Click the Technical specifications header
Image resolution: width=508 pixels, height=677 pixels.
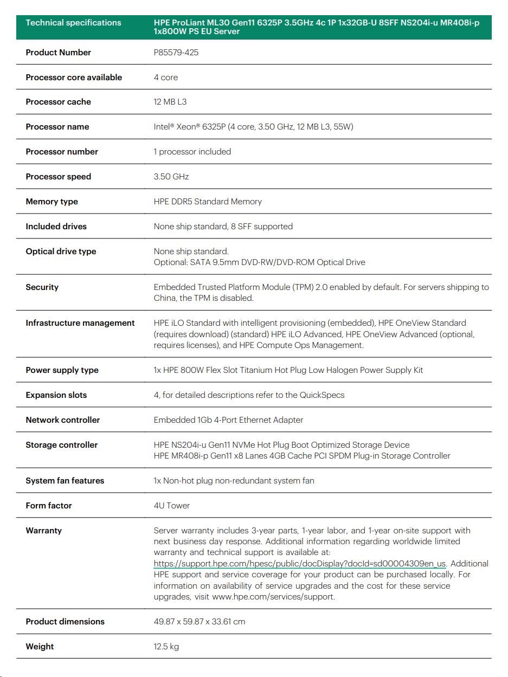(73, 23)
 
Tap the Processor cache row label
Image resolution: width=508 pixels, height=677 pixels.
(58, 102)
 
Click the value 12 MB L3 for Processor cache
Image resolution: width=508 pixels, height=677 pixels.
(170, 102)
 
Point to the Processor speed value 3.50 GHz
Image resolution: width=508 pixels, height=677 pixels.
(171, 177)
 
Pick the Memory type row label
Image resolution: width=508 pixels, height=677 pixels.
(52, 202)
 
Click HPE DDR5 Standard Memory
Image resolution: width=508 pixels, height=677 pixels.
(208, 202)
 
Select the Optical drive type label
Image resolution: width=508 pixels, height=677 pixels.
(61, 252)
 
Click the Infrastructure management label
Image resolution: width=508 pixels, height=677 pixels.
(80, 323)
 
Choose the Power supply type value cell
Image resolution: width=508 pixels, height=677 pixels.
(288, 370)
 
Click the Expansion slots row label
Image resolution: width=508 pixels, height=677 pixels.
(56, 395)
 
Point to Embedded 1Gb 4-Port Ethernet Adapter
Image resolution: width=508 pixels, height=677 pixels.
(228, 420)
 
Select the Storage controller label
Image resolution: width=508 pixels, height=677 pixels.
(61, 445)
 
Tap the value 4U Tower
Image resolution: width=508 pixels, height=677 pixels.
(172, 506)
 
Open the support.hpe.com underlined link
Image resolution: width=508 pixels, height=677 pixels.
(299, 564)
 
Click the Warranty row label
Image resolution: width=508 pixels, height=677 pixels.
(43, 531)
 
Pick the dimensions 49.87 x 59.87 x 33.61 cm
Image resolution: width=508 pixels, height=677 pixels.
(199, 622)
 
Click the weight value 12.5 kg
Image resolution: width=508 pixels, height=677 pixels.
(166, 647)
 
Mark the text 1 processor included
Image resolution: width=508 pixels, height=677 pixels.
(192, 152)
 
